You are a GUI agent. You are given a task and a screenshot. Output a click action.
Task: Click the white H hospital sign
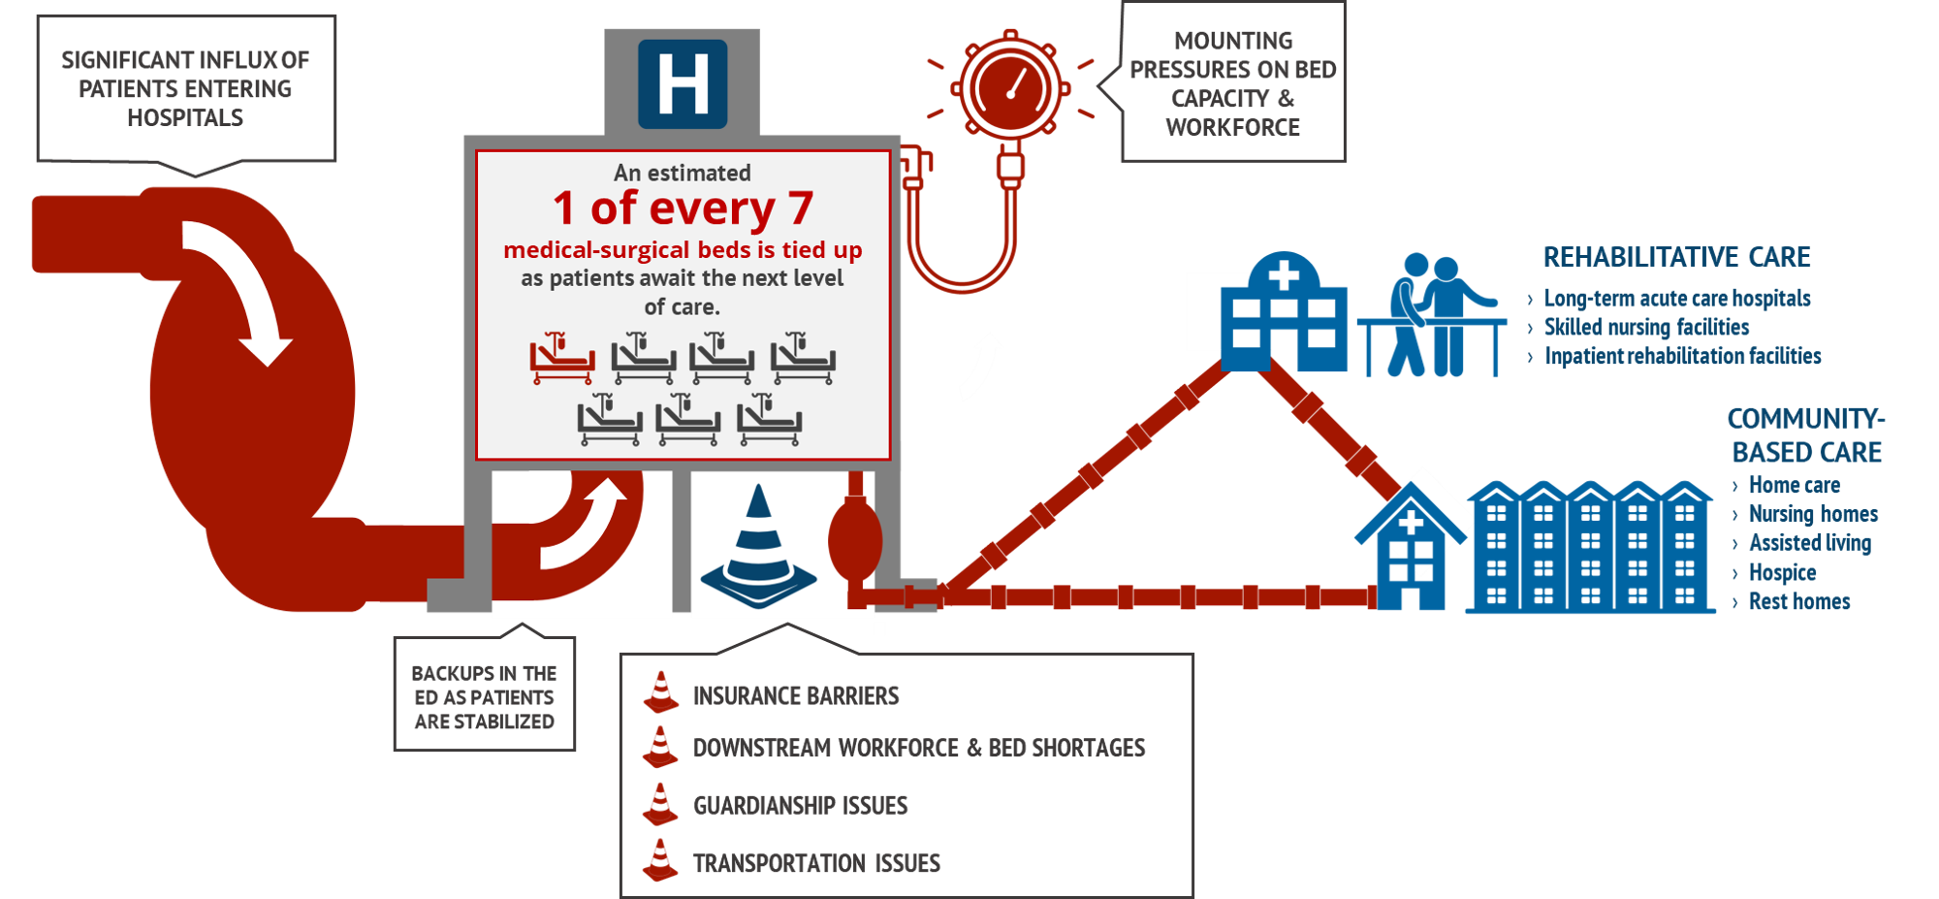click(683, 84)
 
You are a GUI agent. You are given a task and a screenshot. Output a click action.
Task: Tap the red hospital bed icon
click(561, 359)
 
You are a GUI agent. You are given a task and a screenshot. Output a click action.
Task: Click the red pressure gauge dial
click(1010, 88)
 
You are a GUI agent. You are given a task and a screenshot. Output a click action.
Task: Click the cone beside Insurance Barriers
click(661, 692)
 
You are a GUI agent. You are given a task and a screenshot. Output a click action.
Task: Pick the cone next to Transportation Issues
click(661, 860)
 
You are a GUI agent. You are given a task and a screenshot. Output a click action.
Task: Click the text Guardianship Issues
click(801, 805)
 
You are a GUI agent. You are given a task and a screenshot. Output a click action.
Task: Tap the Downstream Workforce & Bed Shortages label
click(919, 748)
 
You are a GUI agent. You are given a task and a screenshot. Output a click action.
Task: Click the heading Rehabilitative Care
click(1676, 257)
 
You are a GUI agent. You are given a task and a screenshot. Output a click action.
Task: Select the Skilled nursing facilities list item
click(1646, 327)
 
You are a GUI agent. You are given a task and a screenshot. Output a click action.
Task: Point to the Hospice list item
click(1782, 572)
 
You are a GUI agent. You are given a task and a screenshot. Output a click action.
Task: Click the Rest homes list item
click(1798, 601)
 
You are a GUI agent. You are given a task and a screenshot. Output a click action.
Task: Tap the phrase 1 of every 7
click(683, 209)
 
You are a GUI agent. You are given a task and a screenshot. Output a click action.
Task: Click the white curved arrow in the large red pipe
click(238, 291)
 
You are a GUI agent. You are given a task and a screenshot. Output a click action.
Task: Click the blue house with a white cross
click(1413, 543)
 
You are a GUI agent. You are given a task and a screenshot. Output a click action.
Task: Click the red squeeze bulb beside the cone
click(854, 539)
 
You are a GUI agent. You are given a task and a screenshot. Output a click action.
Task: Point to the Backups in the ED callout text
click(484, 697)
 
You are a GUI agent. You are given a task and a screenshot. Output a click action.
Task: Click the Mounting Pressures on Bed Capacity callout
click(1232, 83)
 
